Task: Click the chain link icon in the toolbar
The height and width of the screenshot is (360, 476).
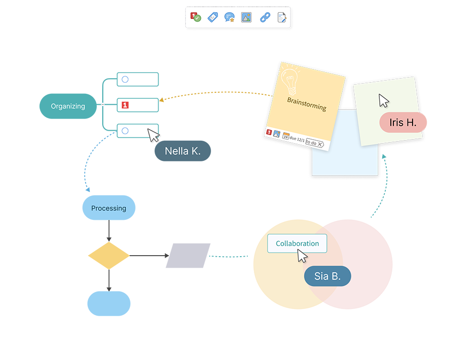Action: pyautogui.click(x=264, y=18)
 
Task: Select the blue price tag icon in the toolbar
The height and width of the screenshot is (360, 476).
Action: pyautogui.click(x=213, y=18)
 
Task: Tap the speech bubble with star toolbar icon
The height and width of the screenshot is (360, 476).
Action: pyautogui.click(x=230, y=18)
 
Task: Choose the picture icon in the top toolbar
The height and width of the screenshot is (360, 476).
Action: pyautogui.click(x=246, y=18)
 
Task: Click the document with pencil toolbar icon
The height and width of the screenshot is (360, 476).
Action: pyautogui.click(x=282, y=18)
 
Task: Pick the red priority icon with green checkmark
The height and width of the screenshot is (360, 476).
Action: pyautogui.click(x=196, y=18)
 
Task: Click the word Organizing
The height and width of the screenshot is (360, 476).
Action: pyautogui.click(x=68, y=106)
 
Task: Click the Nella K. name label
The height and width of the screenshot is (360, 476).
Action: pyautogui.click(x=183, y=151)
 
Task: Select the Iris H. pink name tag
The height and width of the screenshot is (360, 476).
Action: pyautogui.click(x=403, y=123)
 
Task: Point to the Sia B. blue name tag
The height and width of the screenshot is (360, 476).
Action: pyautogui.click(x=327, y=276)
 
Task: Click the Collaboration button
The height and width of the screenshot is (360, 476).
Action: pyautogui.click(x=297, y=244)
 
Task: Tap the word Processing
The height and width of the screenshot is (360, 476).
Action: pyautogui.click(x=109, y=208)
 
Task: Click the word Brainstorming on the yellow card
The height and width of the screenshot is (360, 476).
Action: pyautogui.click(x=307, y=104)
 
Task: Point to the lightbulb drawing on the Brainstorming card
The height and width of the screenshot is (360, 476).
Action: pyautogui.click(x=290, y=78)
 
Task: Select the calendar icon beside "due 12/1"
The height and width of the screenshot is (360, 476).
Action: pyautogui.click(x=286, y=136)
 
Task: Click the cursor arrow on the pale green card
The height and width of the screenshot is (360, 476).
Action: pyautogui.click(x=384, y=100)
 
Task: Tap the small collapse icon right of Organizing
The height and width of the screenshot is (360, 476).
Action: pyautogui.click(x=103, y=104)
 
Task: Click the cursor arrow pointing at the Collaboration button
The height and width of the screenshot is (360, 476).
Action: pyautogui.click(x=302, y=256)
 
